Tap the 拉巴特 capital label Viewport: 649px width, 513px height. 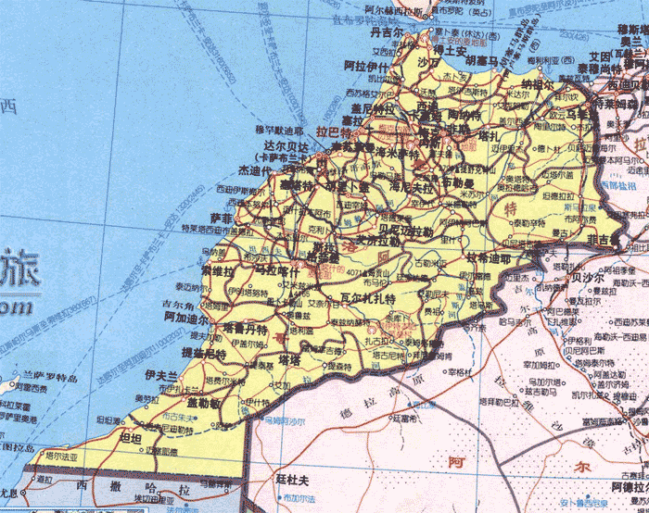(x=334, y=132)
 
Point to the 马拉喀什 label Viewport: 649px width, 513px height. (x=276, y=269)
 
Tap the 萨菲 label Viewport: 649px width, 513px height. (x=222, y=217)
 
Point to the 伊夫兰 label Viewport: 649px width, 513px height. (x=160, y=374)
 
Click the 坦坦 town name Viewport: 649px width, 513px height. (x=132, y=437)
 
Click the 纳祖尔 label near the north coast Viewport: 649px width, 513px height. (x=539, y=82)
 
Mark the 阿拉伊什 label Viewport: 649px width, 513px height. (x=365, y=67)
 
